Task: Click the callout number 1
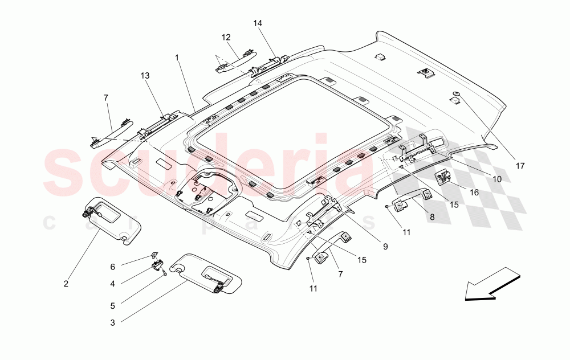pyautogui.click(x=177, y=58)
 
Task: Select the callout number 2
pyautogui.click(x=66, y=284)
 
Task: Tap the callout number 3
pyautogui.click(x=113, y=322)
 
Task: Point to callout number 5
pyautogui.click(x=113, y=306)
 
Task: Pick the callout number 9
pyautogui.click(x=385, y=247)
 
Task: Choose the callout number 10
pyautogui.click(x=497, y=179)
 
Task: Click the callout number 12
pyautogui.click(x=226, y=38)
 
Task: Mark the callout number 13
pyautogui.click(x=145, y=76)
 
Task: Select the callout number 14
pyautogui.click(x=258, y=23)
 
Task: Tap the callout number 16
pyautogui.click(x=474, y=193)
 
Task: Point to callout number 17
pyautogui.click(x=520, y=166)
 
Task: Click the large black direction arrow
pyautogui.click(x=492, y=284)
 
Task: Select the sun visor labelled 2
pyautogui.click(x=111, y=221)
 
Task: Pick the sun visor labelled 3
pyautogui.click(x=206, y=273)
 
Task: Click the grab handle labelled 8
pyautogui.click(x=412, y=198)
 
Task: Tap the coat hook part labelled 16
pyautogui.click(x=443, y=178)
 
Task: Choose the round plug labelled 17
pyautogui.click(x=455, y=95)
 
